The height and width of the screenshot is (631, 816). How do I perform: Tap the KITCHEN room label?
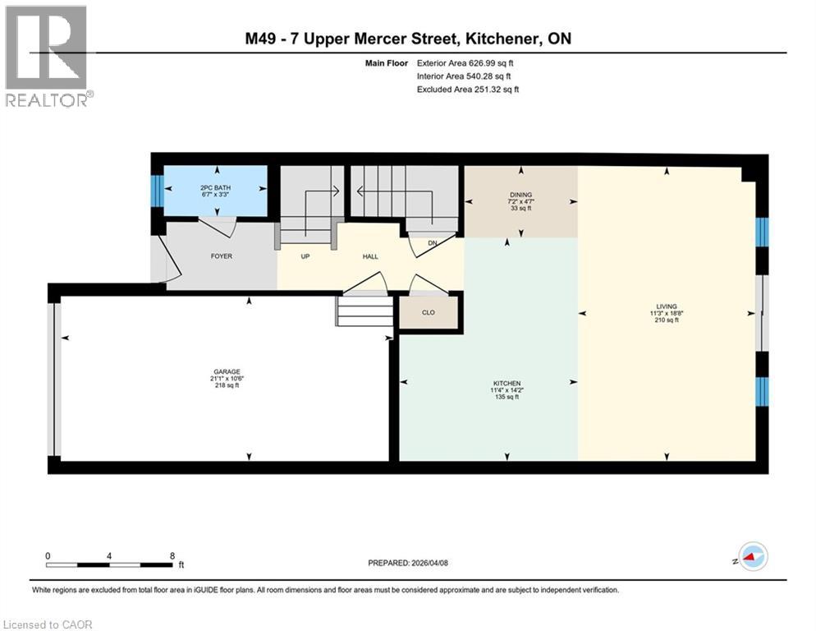507,383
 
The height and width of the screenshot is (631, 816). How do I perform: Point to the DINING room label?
520,195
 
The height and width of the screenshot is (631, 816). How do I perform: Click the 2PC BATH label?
216,187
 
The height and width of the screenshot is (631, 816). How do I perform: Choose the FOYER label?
221,256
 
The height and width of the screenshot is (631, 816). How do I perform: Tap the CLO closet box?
428,312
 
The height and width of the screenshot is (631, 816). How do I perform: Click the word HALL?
370,256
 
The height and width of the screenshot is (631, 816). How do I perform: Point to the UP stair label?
305,256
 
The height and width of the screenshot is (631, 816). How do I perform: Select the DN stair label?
433,243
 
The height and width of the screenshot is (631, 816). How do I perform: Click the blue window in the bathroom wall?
157,191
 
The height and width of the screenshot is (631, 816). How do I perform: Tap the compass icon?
751,557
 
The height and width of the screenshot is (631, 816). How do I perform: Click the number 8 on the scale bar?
172,555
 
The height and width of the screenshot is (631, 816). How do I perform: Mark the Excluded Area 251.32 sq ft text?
468,89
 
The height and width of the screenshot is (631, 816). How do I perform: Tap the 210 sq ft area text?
665,320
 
